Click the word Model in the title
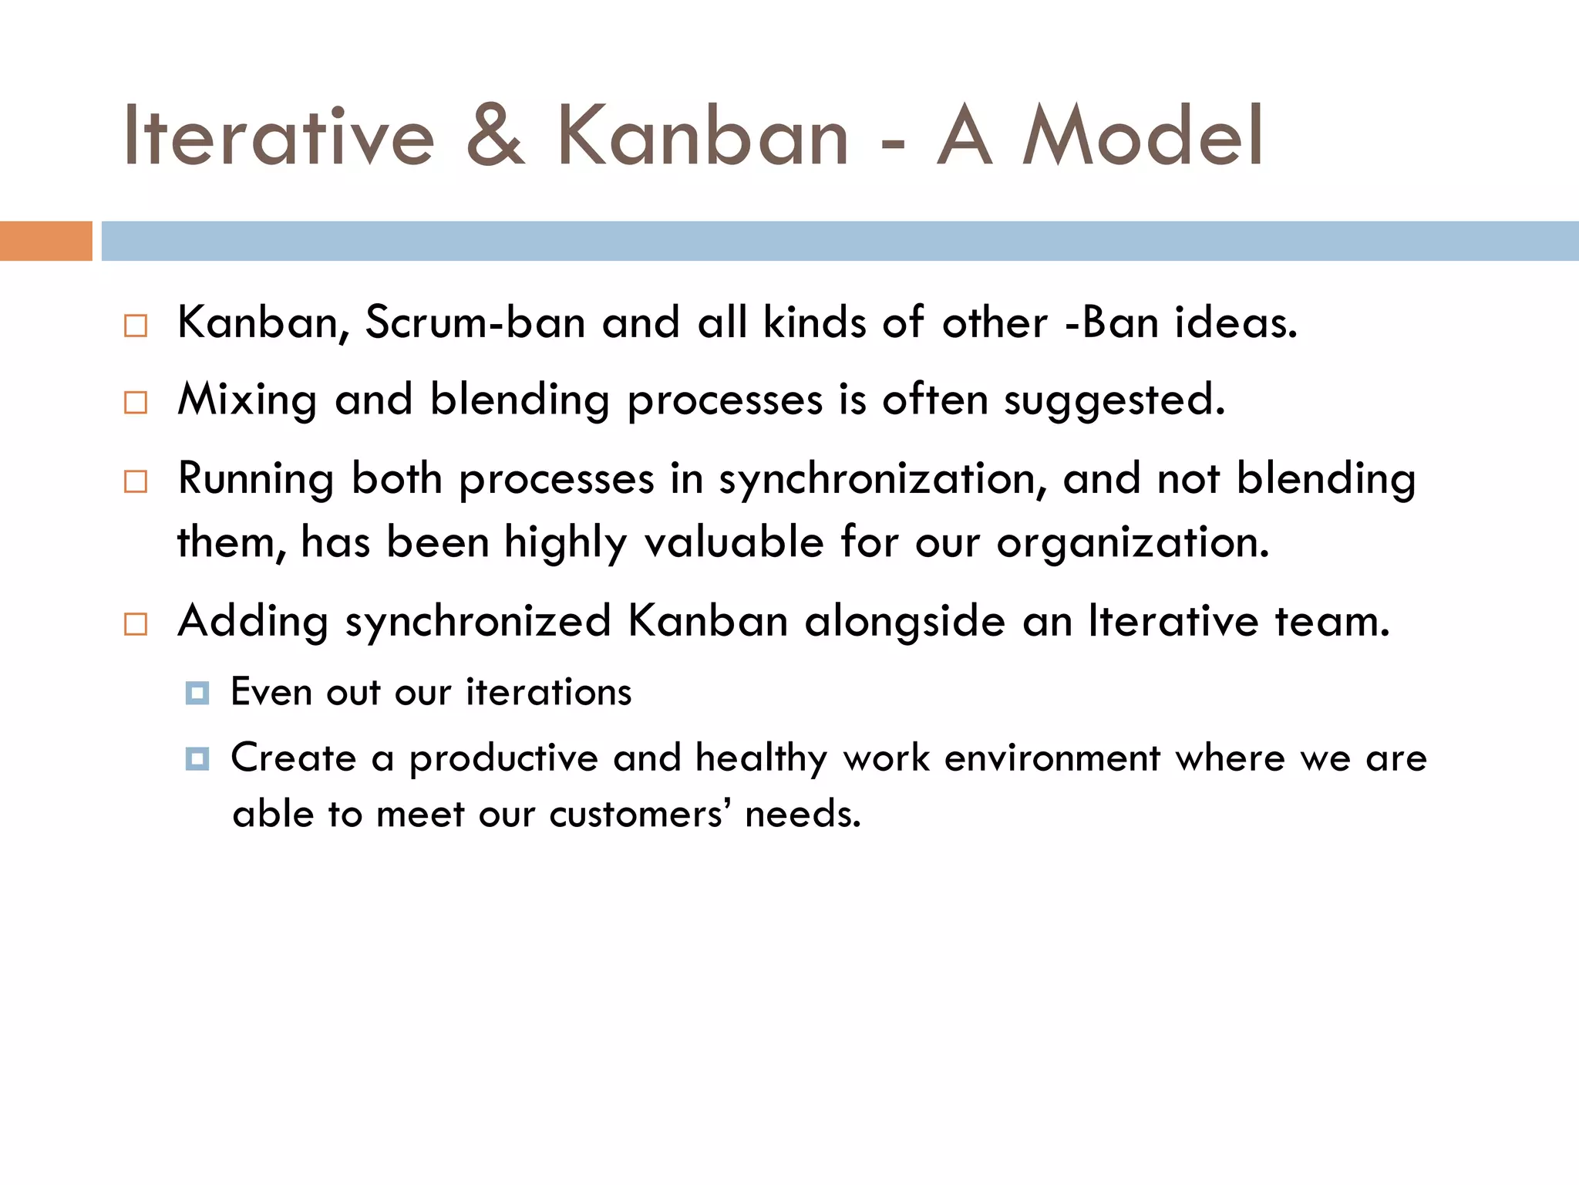coord(1143,137)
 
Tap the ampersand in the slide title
coord(496,137)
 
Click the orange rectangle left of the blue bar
coord(45,241)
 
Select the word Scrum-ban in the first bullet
coord(475,322)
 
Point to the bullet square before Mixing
coord(136,403)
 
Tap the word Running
coord(255,479)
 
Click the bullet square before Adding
coord(136,623)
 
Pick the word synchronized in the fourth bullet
coord(478,622)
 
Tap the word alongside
coord(905,622)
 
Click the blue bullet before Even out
coord(197,693)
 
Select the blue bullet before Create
coord(197,759)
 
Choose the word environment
coord(1052,758)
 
